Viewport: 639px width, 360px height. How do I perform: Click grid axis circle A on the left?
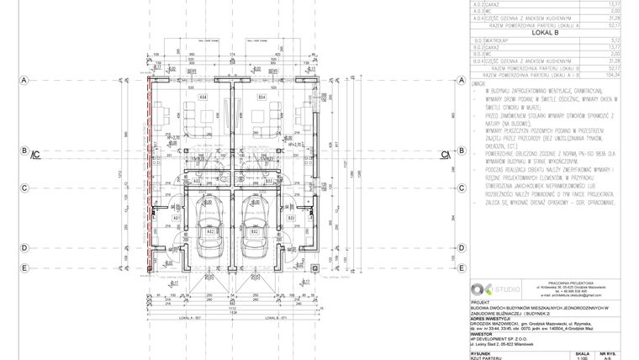(x=25, y=80)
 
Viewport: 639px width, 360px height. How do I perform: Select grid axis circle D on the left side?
(x=25, y=247)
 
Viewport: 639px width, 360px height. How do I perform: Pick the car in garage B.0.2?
(x=254, y=233)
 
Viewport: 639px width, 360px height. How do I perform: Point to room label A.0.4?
(x=203, y=98)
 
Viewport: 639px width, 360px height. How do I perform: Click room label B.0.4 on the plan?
(x=261, y=98)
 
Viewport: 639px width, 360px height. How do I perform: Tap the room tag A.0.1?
(x=177, y=219)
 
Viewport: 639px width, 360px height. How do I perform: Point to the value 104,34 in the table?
(x=619, y=74)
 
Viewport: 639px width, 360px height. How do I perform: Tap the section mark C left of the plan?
(x=36, y=155)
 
